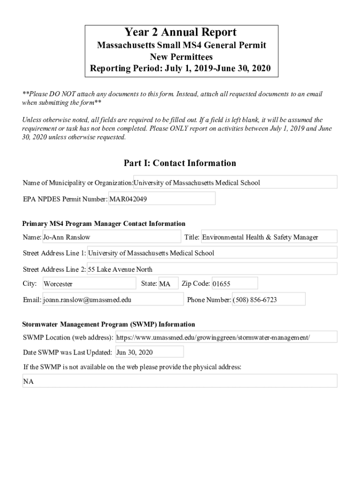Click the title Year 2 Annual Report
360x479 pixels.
pos(180,32)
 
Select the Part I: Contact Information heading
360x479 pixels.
pos(180,163)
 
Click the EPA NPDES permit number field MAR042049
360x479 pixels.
pos(162,198)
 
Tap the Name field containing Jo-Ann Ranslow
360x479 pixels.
pos(111,237)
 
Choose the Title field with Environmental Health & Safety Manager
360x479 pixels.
pos(268,237)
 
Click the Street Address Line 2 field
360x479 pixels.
pos(212,269)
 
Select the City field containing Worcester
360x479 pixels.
pos(89,283)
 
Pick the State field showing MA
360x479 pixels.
pos(168,283)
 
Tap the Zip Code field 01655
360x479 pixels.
pos(234,283)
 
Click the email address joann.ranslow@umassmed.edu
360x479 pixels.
pos(113,300)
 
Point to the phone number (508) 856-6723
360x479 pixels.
pos(268,299)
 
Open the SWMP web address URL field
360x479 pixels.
pos(225,337)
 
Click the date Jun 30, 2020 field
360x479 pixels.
pos(149,352)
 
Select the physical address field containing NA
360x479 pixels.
pos(180,381)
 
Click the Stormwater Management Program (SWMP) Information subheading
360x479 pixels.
pos(109,324)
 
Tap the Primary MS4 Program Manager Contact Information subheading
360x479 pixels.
pos(104,224)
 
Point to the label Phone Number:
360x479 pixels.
pos(209,300)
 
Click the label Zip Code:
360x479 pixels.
pos(195,283)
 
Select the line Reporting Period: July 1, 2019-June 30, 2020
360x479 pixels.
pos(180,69)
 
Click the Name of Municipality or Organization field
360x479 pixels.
pos(235,182)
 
